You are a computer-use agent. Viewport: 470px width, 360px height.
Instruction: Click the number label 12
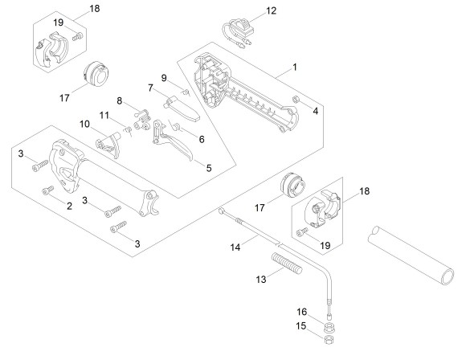pos(271,10)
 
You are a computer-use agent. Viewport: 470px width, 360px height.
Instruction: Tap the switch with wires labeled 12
pos(239,32)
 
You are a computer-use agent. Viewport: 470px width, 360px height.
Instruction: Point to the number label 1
pos(295,67)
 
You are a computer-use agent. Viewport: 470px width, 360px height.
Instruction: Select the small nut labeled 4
pos(295,99)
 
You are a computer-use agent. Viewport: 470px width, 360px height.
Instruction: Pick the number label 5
pos(209,168)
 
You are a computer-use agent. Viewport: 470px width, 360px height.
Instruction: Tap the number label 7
pos(150,88)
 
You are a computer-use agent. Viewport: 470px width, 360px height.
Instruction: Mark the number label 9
pos(164,78)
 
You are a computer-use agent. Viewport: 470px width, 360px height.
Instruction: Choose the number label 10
pos(84,124)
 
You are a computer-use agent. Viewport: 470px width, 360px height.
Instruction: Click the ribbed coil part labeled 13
pos(287,264)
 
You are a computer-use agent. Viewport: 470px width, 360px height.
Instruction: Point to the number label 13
pos(261,280)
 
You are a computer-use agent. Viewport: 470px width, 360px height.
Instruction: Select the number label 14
pos(235,247)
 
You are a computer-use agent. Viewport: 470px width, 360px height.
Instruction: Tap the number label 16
pos(302,312)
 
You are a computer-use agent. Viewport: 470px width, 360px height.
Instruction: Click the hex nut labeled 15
pos(329,340)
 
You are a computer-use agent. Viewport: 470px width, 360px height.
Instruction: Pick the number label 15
pos(301,325)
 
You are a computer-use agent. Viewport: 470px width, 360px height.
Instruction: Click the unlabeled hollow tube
pos(411,256)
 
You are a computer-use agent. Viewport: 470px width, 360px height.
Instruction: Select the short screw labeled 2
pos(47,190)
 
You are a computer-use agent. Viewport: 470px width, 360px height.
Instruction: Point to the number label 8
pos(119,100)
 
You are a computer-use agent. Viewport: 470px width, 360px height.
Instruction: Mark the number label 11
pos(104,115)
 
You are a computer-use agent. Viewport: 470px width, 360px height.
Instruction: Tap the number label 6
pos(202,139)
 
